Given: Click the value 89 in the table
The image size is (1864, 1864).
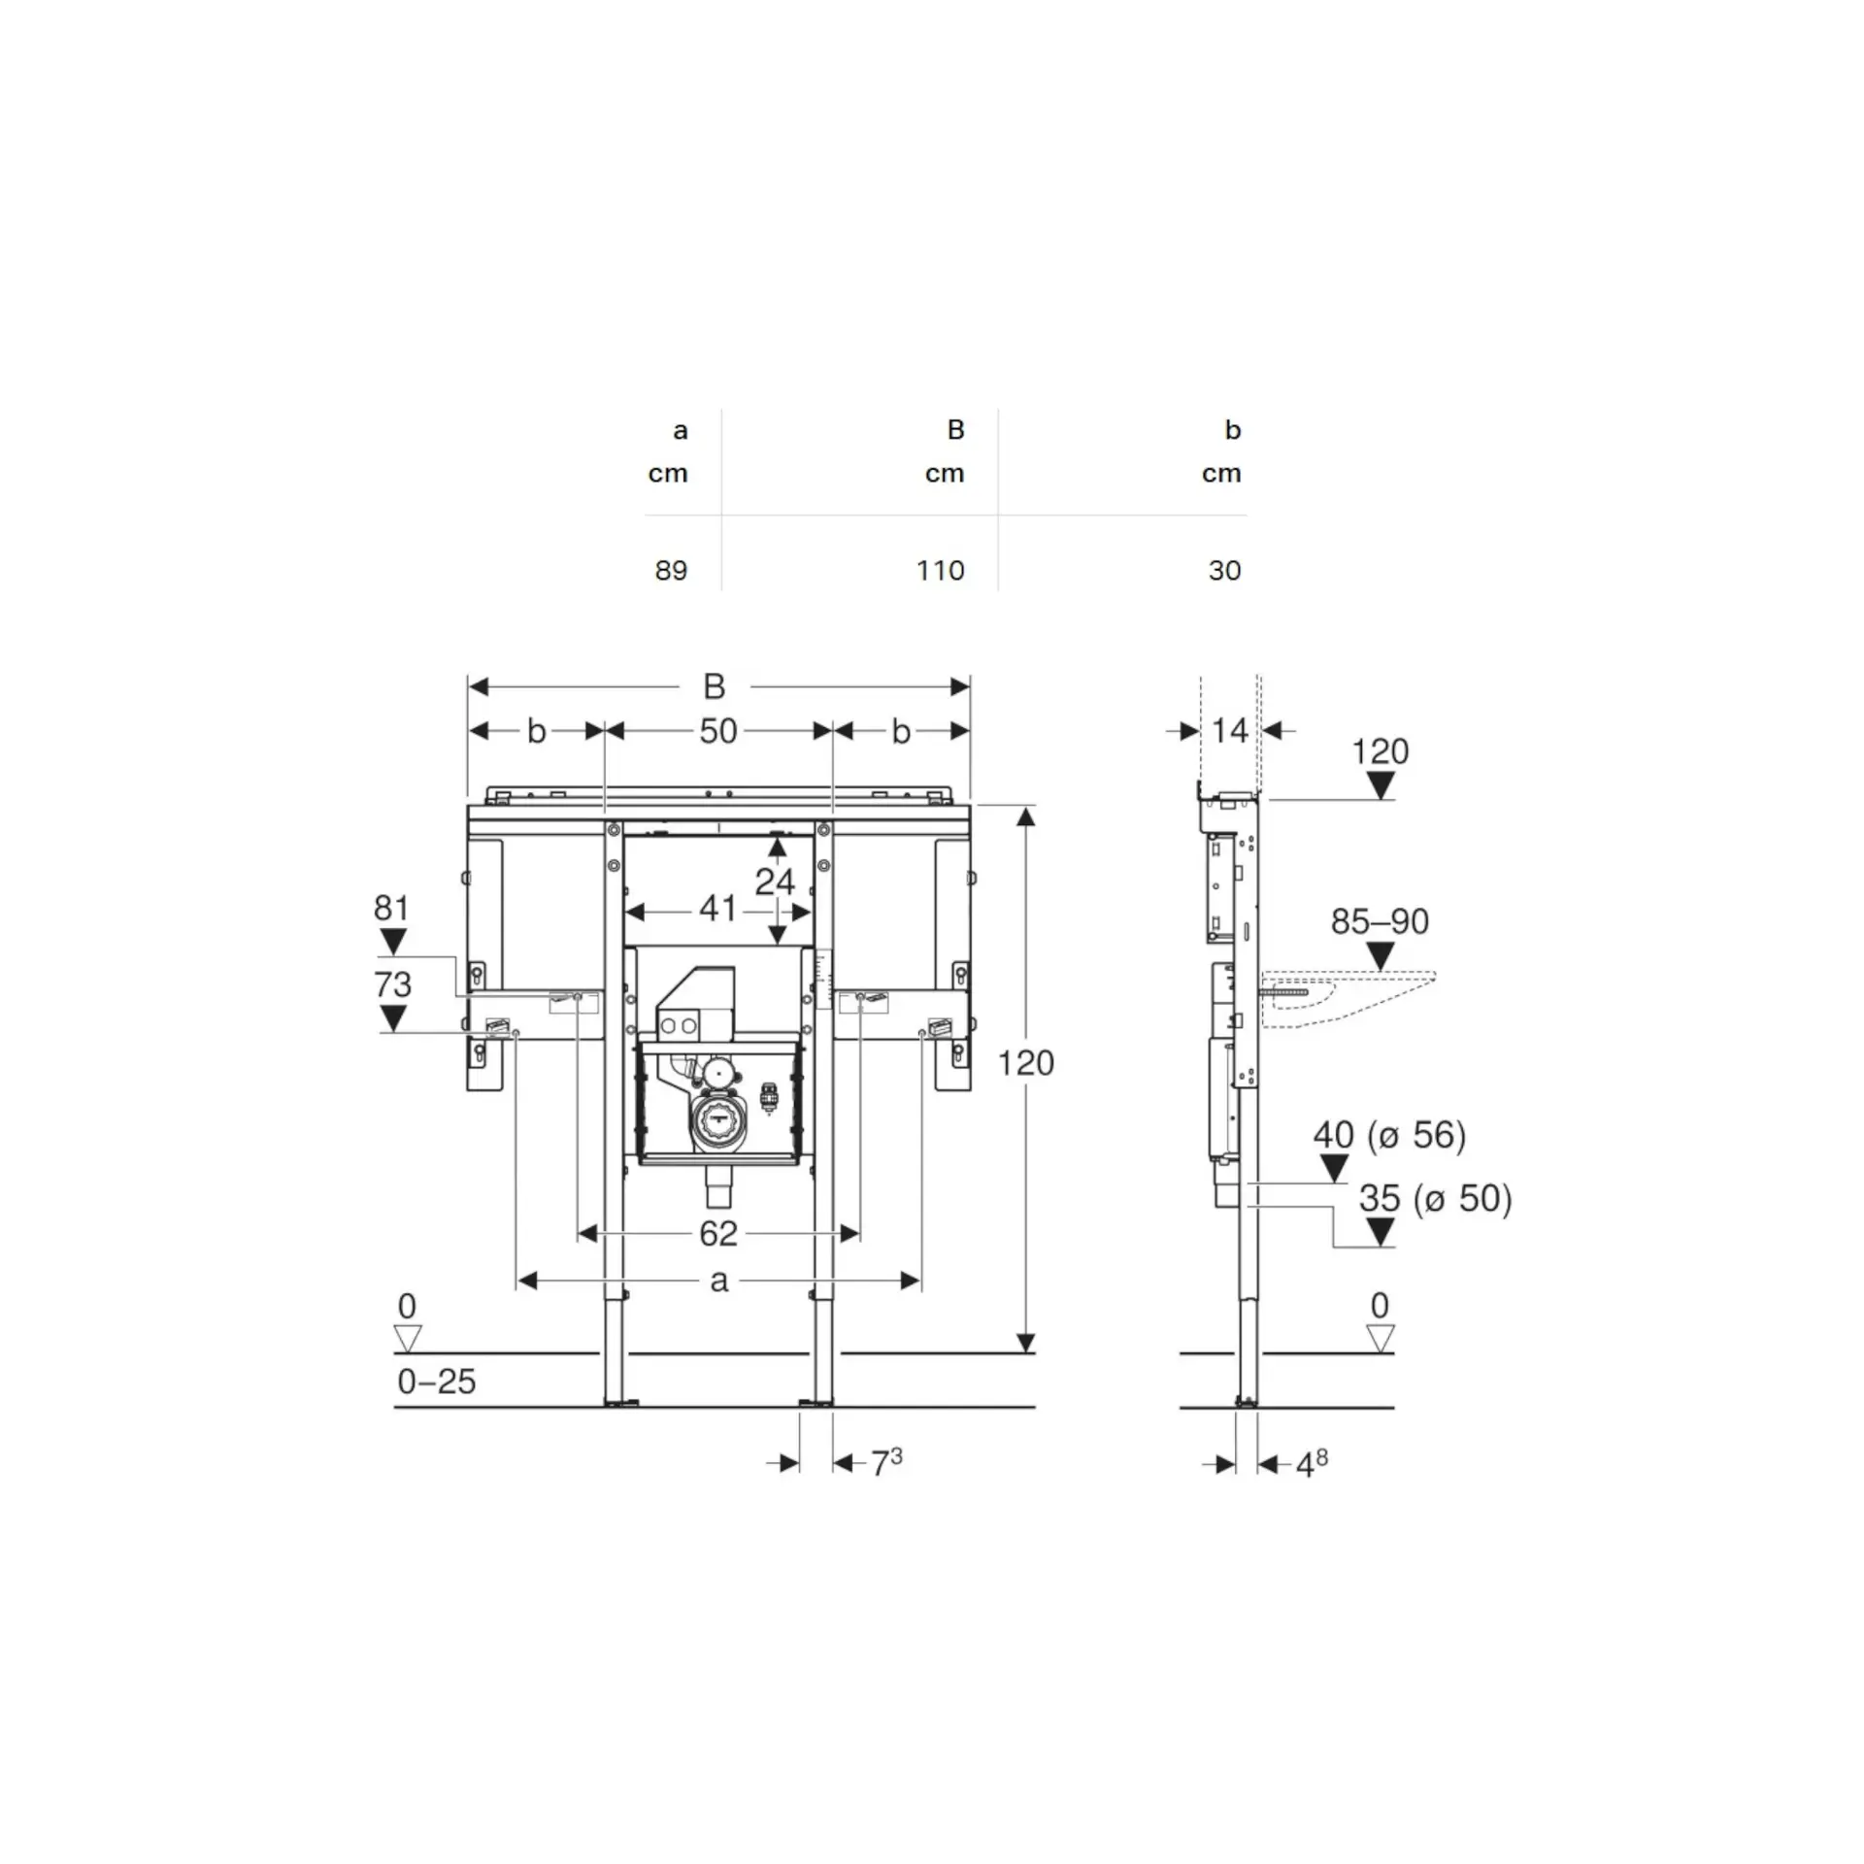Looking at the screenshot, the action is tap(671, 570).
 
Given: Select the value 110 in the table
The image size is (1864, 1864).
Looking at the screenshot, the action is tap(940, 570).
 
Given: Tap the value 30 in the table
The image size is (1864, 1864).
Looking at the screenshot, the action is tap(1224, 570).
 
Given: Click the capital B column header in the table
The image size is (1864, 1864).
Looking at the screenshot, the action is tap(955, 429).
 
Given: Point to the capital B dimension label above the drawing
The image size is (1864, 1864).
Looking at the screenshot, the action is tap(714, 687).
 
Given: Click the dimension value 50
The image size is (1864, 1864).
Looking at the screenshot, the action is tap(718, 731).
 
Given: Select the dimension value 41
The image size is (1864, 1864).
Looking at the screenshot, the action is tap(717, 909).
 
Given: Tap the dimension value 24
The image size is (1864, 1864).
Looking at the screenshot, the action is tap(775, 882).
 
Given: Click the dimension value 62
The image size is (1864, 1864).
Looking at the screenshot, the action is tap(718, 1234).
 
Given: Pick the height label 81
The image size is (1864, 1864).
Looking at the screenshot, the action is tap(391, 908).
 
